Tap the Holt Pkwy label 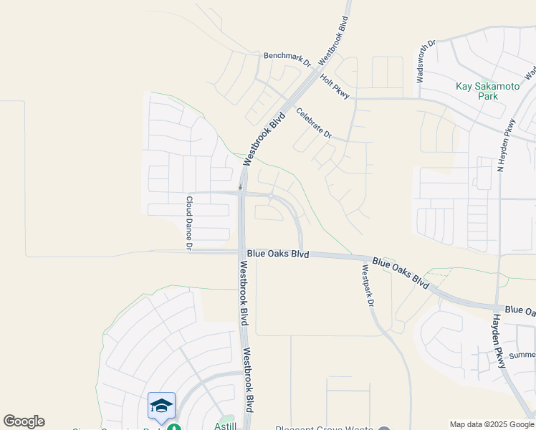[334, 86]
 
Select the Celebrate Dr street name [314, 123]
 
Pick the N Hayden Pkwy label [507, 145]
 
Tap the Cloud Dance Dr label [189, 223]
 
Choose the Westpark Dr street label [368, 286]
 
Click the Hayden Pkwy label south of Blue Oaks [499, 341]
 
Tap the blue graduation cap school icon [161, 406]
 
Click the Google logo [24, 421]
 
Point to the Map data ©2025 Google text [492, 424]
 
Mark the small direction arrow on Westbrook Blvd [241, 186]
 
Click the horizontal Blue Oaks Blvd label [278, 254]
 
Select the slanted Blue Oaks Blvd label [401, 274]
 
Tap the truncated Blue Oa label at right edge [520, 310]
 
